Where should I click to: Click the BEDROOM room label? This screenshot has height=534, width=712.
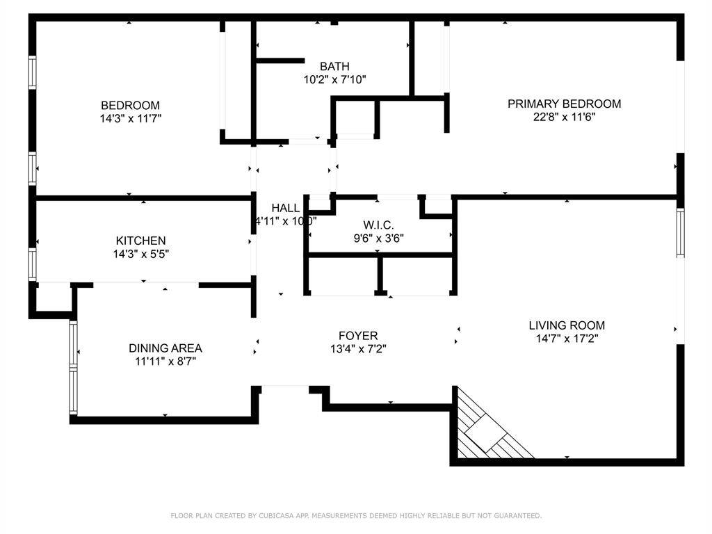coord(130,105)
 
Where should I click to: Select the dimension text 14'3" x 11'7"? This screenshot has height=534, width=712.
coord(130,118)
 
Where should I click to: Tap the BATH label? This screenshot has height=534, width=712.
coord(334,66)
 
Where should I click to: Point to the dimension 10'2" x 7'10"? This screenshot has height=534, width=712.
coord(334,79)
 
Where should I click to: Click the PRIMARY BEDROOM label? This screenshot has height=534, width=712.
coord(564,104)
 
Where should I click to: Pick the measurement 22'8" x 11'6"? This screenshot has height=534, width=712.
coord(564,117)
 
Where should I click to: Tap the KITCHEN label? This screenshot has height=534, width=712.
coord(140,241)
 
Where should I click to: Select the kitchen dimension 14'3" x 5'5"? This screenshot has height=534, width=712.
coord(140,254)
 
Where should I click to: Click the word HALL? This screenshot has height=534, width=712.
coord(285,208)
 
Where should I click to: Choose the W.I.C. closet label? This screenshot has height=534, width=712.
coord(378,225)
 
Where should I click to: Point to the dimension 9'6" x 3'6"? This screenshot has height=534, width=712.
coord(378,238)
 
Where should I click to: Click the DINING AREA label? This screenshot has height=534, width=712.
coord(165,348)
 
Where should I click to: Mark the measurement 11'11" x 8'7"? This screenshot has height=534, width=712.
coord(165,361)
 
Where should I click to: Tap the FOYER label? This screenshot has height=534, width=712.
coord(358,336)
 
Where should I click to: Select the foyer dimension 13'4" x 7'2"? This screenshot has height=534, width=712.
coord(358,349)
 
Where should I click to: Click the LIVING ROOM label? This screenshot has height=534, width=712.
coord(567,325)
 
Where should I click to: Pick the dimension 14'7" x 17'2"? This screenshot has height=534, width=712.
coord(567,338)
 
